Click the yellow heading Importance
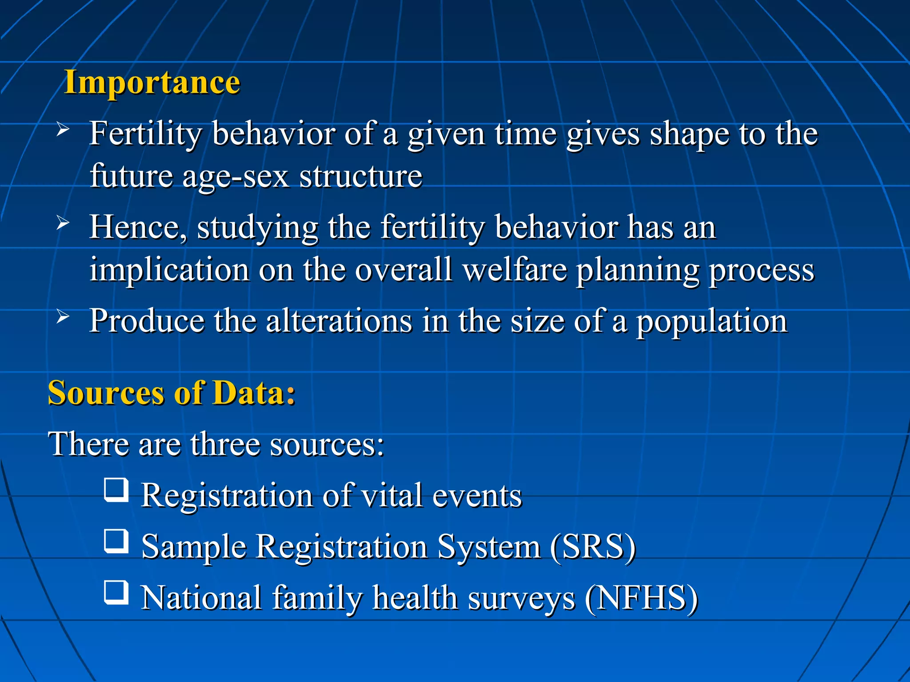pos(152,83)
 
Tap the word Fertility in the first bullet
pos(145,134)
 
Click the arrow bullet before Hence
pos(63,223)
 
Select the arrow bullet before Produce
pos(63,317)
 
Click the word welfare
pos(515,270)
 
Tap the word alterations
pos(339,321)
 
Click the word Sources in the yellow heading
pos(106,393)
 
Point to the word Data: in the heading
pos(254,393)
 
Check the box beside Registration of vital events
pos(116,490)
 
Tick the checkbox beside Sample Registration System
pos(116,541)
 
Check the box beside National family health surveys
pos(116,592)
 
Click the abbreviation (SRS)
pos(593,547)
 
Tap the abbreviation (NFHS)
pos(641,598)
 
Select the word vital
pos(391,496)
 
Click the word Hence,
pos(138,227)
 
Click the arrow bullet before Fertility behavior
pos(63,130)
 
